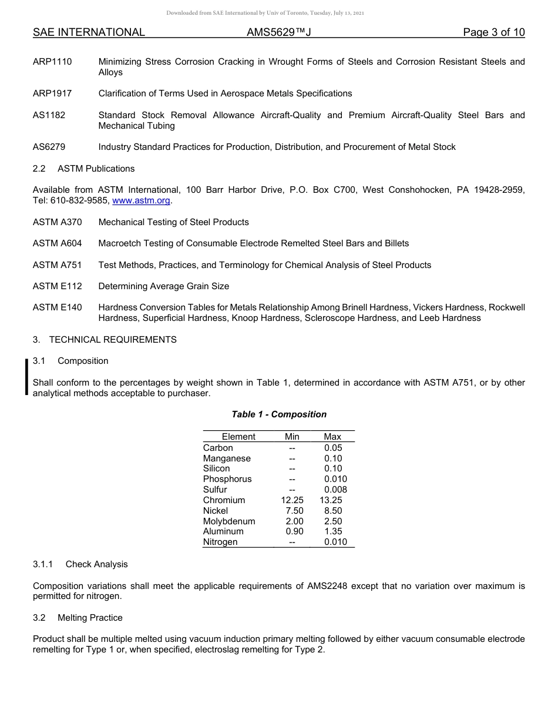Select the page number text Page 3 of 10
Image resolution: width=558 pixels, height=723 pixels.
click(x=493, y=32)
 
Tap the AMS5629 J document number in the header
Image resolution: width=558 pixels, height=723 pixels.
click(x=278, y=32)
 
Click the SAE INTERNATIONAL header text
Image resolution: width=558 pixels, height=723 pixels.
click(x=89, y=32)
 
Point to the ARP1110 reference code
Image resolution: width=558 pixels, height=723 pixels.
click(x=52, y=62)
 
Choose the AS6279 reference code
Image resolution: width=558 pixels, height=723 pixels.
click(x=49, y=147)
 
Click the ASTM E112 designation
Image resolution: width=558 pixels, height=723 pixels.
click(x=57, y=286)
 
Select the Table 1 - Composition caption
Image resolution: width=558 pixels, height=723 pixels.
click(x=279, y=414)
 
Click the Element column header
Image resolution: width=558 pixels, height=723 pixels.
click(x=238, y=437)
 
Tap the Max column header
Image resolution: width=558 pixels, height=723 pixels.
click(x=332, y=437)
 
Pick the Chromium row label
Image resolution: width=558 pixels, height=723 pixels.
click(x=224, y=500)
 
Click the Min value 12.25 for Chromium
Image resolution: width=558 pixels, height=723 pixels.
click(x=292, y=500)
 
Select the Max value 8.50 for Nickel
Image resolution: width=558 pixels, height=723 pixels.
click(x=333, y=511)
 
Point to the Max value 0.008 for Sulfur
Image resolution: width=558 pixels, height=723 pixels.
click(x=335, y=490)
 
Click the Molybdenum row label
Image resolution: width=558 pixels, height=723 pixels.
click(x=229, y=521)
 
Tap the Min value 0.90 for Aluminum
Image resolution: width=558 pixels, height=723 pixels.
click(x=294, y=531)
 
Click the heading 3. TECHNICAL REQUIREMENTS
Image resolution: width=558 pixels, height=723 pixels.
click(x=105, y=340)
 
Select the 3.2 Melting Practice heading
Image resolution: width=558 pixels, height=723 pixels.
click(x=78, y=618)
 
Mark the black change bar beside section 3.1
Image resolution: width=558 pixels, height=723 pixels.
click(x=26, y=376)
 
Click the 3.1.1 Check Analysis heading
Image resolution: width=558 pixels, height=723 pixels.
click(x=80, y=564)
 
